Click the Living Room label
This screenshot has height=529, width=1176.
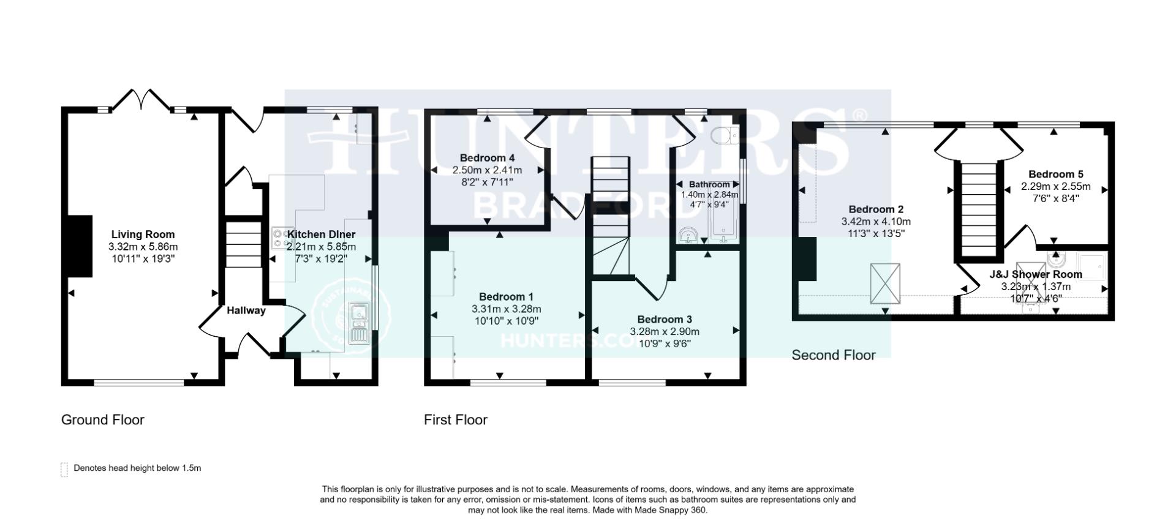(x=143, y=234)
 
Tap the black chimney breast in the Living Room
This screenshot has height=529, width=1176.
(x=80, y=246)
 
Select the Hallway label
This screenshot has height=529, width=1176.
(x=246, y=310)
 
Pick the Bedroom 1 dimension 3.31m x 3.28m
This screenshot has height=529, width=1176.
(x=507, y=309)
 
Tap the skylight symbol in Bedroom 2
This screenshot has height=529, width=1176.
(x=886, y=283)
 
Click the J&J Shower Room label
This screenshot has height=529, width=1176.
(x=1036, y=274)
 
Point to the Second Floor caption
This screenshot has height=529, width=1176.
(x=833, y=355)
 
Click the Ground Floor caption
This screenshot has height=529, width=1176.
(x=102, y=420)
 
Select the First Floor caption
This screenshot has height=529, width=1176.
(x=455, y=420)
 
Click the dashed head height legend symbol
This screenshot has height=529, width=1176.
(x=64, y=469)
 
